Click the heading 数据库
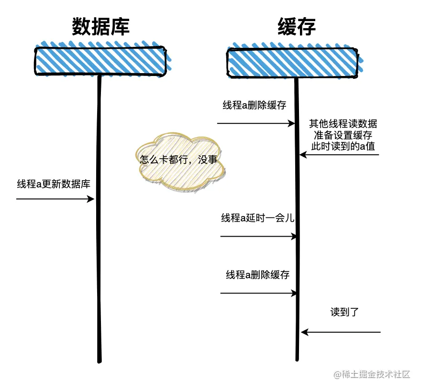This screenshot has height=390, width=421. (x=100, y=27)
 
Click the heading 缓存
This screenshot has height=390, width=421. (x=297, y=27)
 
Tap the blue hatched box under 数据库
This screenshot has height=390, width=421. (x=100, y=61)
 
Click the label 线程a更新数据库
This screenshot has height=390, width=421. (x=54, y=184)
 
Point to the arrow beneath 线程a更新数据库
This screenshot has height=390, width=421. (x=55, y=199)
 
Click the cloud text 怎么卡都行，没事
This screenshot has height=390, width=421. (x=178, y=160)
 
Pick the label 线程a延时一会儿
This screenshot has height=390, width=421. (x=257, y=218)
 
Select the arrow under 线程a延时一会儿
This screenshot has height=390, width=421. (x=258, y=236)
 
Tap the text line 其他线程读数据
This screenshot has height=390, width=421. (x=343, y=124)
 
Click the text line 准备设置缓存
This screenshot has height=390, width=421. (x=343, y=135)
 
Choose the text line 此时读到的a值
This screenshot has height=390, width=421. (x=343, y=147)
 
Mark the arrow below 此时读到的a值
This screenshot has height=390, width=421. (x=340, y=155)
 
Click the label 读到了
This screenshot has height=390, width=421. (x=344, y=313)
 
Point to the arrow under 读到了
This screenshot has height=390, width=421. (x=341, y=332)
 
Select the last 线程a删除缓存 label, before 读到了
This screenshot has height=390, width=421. (x=258, y=275)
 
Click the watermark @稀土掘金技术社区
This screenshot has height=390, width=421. (x=372, y=374)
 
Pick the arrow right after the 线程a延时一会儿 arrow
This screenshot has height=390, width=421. (x=258, y=293)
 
